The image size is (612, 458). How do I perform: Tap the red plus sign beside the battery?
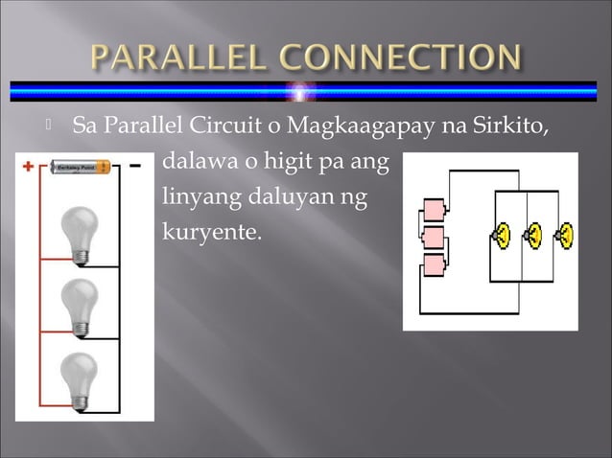[x=28, y=166]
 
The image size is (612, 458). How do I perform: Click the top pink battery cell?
[x=434, y=209]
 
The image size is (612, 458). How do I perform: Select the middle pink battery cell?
[x=434, y=237]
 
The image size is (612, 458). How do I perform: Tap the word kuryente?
[x=208, y=231]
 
